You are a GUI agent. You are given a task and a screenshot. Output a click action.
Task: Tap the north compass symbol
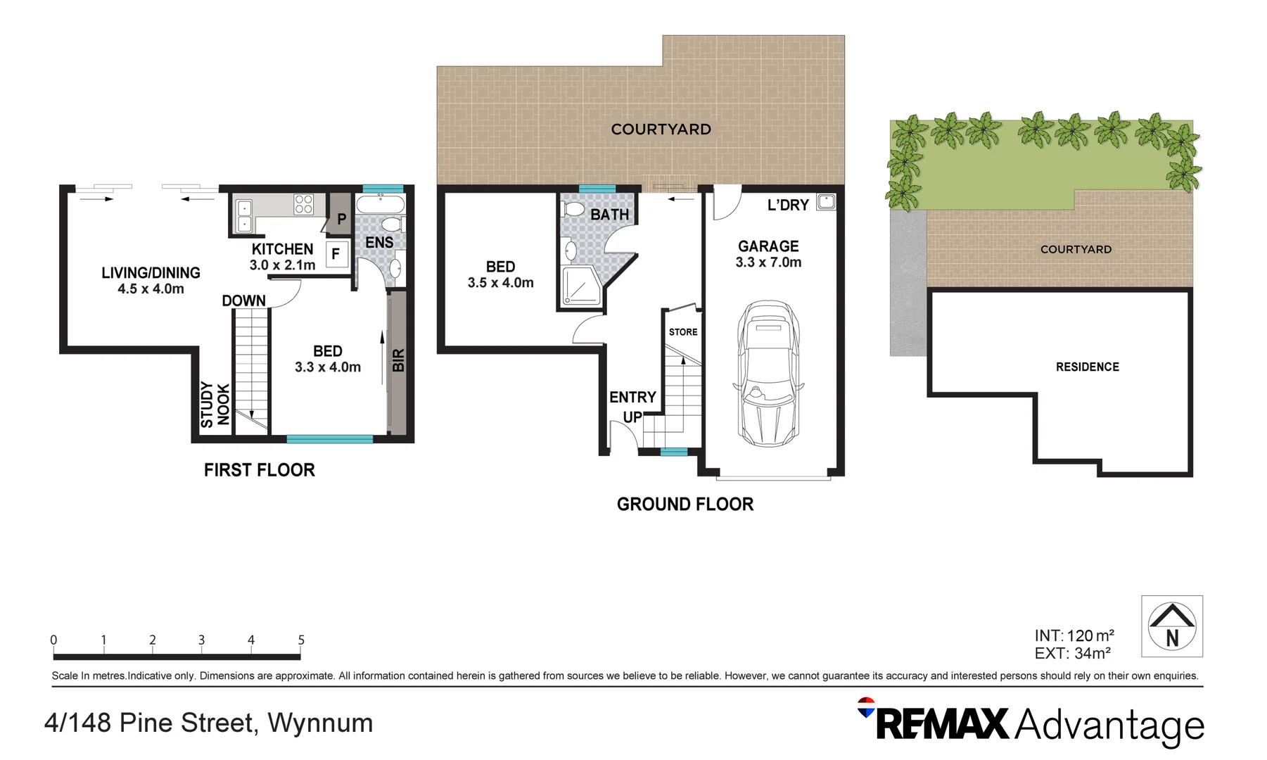(x=1171, y=626)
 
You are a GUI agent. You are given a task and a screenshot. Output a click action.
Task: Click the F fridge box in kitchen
(x=336, y=253)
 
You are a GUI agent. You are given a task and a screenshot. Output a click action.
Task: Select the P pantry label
(x=341, y=219)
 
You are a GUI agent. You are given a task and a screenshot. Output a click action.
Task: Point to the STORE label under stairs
(x=683, y=332)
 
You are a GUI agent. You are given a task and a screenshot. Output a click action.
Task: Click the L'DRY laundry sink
(x=826, y=202)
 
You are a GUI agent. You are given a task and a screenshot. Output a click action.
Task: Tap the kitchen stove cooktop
(x=304, y=204)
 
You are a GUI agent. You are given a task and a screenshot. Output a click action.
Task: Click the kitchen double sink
(x=244, y=215)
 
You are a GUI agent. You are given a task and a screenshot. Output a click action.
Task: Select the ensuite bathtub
(x=380, y=205)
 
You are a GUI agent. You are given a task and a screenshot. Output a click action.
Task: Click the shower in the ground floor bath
(x=581, y=286)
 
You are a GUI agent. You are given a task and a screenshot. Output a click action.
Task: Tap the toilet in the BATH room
(x=573, y=209)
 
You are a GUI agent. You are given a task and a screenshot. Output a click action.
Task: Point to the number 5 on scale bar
(x=301, y=640)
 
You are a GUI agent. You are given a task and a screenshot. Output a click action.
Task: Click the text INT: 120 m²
(x=1074, y=635)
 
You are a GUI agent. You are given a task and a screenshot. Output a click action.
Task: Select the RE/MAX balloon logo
(x=866, y=707)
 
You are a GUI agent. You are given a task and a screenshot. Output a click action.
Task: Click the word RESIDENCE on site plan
(x=1087, y=367)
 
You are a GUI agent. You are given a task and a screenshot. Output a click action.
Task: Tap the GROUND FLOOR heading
(x=685, y=504)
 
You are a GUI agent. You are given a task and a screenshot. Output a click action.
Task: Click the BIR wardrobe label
(x=398, y=360)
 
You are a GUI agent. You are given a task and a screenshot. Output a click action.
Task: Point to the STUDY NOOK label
(x=215, y=405)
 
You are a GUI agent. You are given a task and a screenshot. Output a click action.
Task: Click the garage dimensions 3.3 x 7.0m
(x=768, y=262)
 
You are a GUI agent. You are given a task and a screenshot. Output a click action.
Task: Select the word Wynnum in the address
(x=320, y=723)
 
